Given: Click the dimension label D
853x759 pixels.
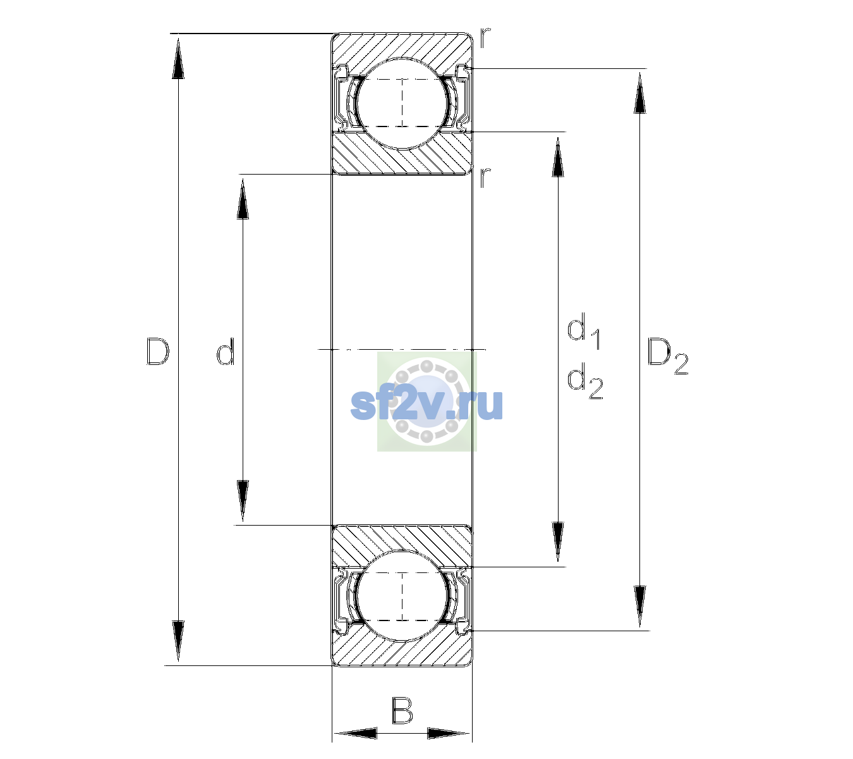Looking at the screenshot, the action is pos(157,352).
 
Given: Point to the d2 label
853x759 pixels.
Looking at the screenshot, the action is pos(585,381).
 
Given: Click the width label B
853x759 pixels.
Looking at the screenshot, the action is pos(402,710).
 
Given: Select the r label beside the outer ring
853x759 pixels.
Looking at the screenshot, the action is pos(485,38).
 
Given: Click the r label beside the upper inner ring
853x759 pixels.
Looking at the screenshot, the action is pos(485,177).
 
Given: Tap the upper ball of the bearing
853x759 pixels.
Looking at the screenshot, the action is pos(402,103).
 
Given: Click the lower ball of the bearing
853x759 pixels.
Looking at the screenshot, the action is pos(402,596).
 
